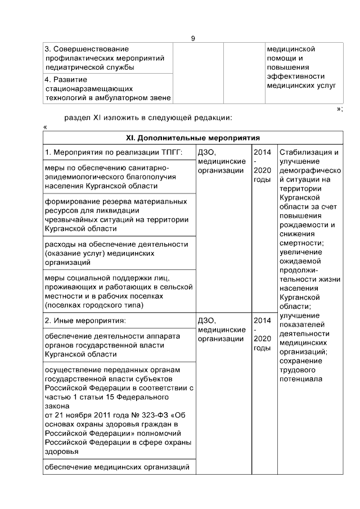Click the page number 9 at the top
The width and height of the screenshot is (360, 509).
(193, 38)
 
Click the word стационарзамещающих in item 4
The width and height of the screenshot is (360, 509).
(88, 89)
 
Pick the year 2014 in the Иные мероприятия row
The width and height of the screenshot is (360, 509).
(262, 321)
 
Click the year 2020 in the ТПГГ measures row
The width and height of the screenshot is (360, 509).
(262, 170)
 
